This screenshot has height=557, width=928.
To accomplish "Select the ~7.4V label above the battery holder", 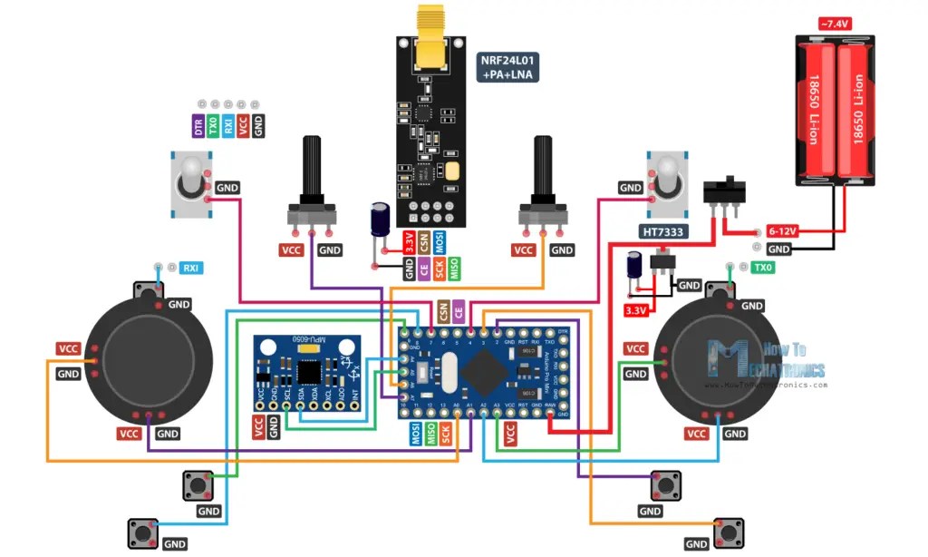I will click(835, 23).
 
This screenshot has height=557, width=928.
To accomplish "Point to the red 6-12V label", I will click(781, 230).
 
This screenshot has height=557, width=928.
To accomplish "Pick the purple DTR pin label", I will click(198, 126).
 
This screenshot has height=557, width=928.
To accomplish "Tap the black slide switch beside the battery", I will click(725, 192).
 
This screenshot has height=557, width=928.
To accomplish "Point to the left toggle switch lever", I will click(190, 172).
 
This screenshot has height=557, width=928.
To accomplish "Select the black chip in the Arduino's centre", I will click(488, 371).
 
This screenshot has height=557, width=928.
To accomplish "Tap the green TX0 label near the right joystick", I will click(763, 268).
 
